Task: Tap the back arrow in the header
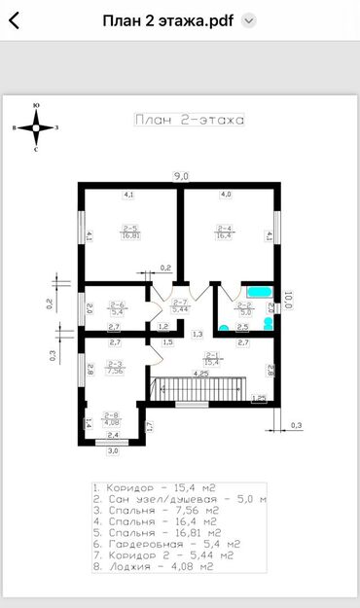click(14, 19)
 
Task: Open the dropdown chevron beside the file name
click(249, 20)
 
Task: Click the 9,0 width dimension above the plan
click(181, 175)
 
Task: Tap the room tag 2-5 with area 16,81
click(130, 232)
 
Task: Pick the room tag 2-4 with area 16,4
click(223, 232)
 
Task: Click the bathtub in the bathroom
click(258, 291)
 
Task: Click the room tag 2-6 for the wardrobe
click(118, 309)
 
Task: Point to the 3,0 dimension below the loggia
click(113, 451)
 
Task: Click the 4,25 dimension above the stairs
click(200, 373)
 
